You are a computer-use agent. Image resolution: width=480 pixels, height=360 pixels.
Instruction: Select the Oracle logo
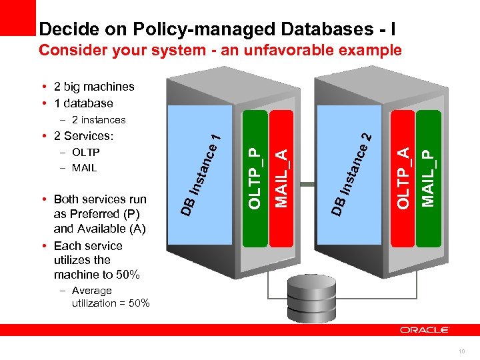(425, 330)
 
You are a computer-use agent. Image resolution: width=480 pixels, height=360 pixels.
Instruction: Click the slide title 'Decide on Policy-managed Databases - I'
(217, 29)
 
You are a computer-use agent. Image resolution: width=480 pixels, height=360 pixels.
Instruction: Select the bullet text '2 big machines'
(99, 87)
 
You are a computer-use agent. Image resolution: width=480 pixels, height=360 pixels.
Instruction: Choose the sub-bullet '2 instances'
(98, 120)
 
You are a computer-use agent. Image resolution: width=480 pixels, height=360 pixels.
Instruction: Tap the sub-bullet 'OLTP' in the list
(85, 152)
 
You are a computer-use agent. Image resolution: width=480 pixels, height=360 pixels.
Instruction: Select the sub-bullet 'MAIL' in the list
(84, 167)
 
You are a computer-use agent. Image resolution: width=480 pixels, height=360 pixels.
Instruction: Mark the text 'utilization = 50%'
(111, 303)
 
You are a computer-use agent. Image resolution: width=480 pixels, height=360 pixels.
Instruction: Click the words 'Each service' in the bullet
(88, 245)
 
